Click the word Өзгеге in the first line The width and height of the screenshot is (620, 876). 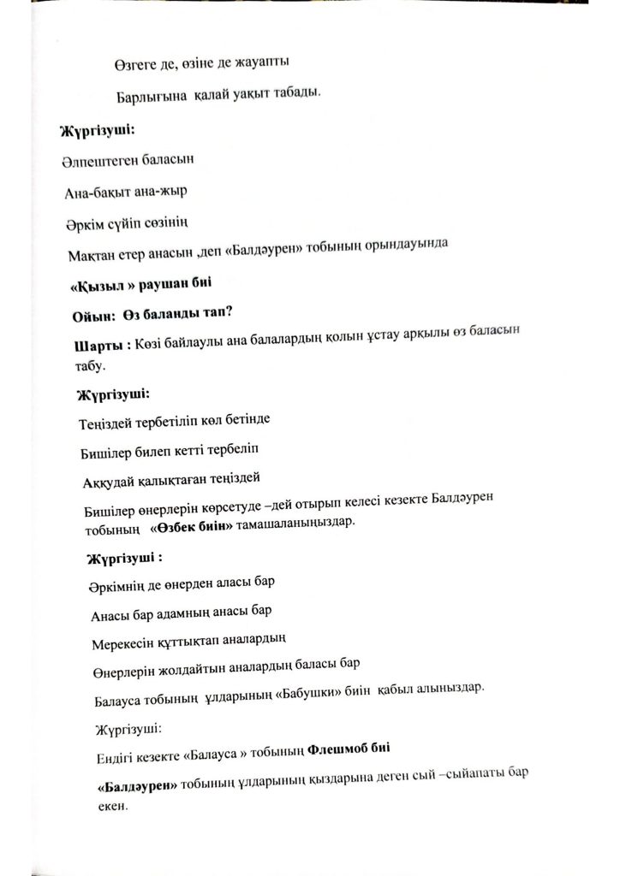click(134, 62)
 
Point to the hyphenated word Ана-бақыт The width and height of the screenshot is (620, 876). click(93, 193)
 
